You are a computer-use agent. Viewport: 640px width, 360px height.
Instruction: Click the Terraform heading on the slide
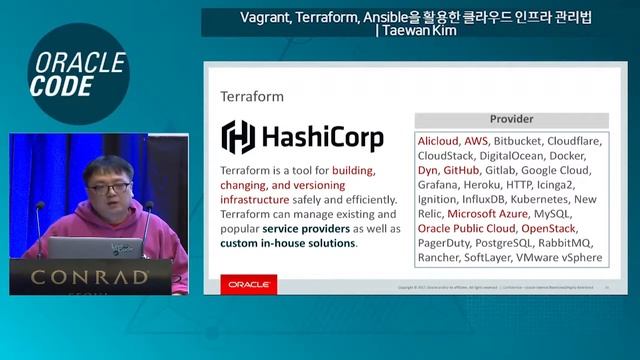point(252,97)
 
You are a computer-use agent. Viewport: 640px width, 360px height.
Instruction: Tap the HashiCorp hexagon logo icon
point(238,136)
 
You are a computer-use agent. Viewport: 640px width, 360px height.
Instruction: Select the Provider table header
point(511,118)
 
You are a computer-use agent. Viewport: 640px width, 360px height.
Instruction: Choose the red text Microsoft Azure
point(487,214)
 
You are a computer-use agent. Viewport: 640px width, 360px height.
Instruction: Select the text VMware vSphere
point(558,258)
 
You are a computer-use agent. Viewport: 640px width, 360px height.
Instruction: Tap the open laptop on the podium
point(84,246)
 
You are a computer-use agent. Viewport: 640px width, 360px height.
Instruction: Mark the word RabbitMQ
point(566,243)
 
